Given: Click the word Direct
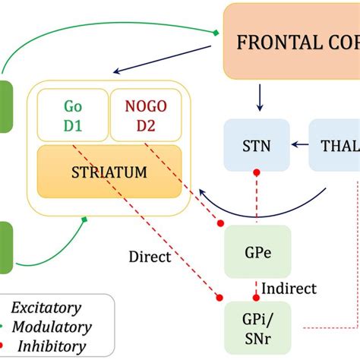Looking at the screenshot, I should tap(150, 257).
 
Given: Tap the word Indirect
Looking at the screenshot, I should tap(289, 289).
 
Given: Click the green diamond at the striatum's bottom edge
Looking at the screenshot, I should tap(85, 220).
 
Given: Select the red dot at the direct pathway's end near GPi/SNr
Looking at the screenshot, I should tap(220, 297).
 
